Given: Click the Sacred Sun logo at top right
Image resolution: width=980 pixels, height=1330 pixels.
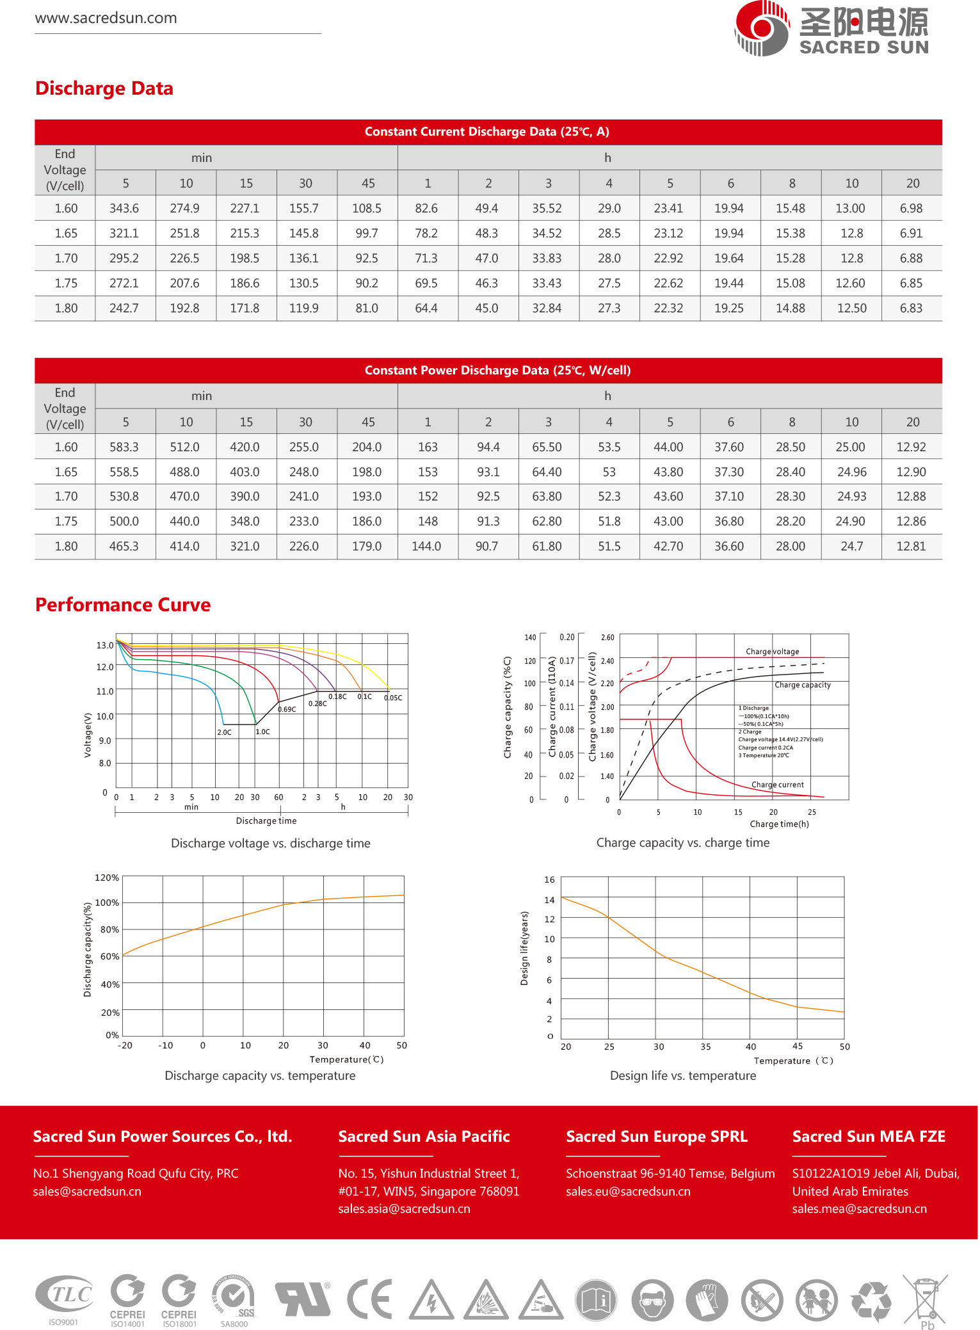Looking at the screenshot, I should click(831, 29).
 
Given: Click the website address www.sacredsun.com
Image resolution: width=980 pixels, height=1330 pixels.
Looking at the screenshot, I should click(106, 18).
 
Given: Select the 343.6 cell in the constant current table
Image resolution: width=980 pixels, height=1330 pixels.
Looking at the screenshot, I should click(124, 209).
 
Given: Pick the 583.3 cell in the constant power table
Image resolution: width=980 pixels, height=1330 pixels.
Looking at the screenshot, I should click(124, 447).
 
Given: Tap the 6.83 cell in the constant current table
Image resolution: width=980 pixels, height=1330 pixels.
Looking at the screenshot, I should click(911, 308).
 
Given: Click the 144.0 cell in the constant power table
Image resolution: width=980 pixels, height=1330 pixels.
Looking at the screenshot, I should click(426, 547).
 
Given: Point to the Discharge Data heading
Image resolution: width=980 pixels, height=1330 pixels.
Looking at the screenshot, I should click(104, 88).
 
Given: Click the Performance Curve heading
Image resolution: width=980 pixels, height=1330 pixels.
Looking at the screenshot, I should click(123, 605).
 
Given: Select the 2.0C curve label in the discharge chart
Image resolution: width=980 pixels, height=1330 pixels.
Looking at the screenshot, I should click(224, 732).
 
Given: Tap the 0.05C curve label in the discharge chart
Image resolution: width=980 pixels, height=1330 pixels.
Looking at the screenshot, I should click(393, 698).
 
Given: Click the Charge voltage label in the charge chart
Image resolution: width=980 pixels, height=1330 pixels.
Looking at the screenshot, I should click(772, 652).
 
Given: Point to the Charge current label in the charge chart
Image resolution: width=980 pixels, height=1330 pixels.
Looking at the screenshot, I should click(777, 785).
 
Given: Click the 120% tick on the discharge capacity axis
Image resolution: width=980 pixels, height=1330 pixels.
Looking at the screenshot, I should click(107, 877).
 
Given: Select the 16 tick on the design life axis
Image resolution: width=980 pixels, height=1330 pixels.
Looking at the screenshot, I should click(549, 880).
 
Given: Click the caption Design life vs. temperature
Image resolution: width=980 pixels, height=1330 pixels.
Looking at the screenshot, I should click(683, 1076).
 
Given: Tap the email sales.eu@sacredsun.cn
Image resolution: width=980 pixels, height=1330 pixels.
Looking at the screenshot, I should click(628, 1192).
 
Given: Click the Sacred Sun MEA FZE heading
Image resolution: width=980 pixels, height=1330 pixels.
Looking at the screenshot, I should click(869, 1137).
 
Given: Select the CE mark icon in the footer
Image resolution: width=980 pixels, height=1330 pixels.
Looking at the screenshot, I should click(369, 1299).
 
